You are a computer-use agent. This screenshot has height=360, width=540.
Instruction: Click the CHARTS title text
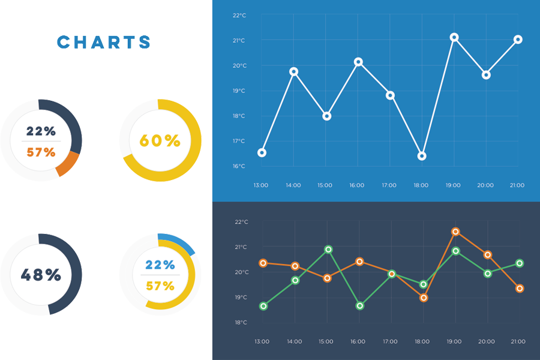[103, 42]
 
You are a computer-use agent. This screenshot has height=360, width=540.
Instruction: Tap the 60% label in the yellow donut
[160, 141]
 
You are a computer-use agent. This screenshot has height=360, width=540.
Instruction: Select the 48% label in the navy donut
[41, 275]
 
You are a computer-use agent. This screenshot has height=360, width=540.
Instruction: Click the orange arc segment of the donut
[68, 163]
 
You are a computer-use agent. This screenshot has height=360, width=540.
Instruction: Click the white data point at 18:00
[422, 156]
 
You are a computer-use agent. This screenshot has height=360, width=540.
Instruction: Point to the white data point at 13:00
[262, 152]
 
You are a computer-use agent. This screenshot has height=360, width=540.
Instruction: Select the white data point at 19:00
[454, 37]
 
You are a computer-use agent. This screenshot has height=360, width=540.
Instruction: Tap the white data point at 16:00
[358, 62]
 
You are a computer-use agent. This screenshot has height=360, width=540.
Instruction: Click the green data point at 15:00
[328, 249]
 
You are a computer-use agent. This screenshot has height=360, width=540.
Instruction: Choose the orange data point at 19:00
[455, 232]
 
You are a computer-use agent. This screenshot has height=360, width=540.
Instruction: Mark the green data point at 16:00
[360, 305]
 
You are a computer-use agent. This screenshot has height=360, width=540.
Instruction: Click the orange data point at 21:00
[520, 289]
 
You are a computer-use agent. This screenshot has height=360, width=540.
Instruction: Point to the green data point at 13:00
[263, 306]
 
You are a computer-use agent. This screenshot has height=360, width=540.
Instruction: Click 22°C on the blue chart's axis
[239, 16]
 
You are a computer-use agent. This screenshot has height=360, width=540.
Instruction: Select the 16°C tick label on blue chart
[239, 166]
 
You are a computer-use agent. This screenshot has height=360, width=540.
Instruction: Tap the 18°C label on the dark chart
[241, 322]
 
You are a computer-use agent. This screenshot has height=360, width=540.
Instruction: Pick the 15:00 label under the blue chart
[325, 185]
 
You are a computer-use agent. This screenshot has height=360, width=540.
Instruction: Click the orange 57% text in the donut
[41, 152]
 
